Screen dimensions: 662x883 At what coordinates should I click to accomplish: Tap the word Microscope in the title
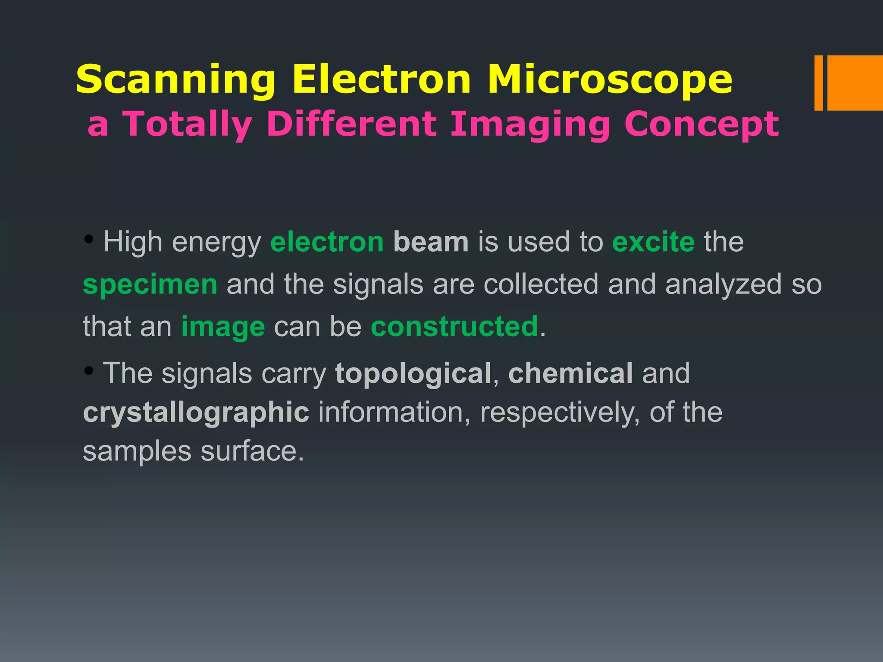click(610, 80)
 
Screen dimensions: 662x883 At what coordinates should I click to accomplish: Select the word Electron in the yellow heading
click(381, 80)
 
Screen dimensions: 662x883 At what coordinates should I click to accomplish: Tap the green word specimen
click(150, 285)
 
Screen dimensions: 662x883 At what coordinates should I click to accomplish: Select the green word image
click(223, 327)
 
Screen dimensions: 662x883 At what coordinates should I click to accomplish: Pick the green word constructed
click(454, 326)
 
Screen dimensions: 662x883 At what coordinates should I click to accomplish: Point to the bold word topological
click(413, 373)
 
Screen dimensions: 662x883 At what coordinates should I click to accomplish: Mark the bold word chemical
click(570, 373)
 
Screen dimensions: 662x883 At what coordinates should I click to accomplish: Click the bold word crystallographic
click(196, 412)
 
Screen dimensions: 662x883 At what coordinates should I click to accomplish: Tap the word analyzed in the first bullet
click(723, 285)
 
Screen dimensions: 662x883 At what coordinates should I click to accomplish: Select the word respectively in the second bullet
click(560, 412)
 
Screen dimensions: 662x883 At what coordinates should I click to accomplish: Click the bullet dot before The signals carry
click(89, 370)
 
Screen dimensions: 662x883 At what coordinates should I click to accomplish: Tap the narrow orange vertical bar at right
click(818, 83)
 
